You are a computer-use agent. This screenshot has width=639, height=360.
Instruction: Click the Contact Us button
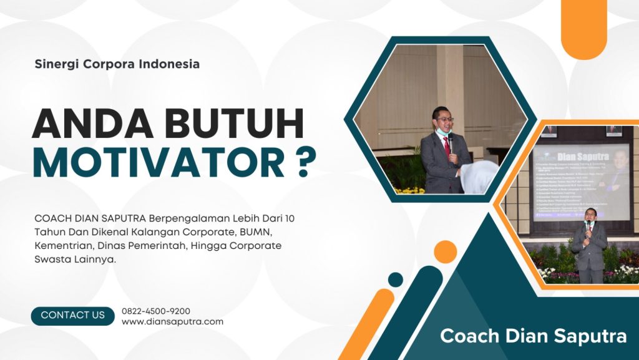click(72, 316)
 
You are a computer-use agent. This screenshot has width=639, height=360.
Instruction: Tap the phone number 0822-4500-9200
click(156, 311)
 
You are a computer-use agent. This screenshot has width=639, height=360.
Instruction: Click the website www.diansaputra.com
click(172, 322)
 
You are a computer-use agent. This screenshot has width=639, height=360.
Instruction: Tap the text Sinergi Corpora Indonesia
click(117, 64)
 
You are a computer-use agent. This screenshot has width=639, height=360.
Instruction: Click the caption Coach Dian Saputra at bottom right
click(533, 336)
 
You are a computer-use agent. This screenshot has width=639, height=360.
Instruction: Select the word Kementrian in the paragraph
click(60, 246)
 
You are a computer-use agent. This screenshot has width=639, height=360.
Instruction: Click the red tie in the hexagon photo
click(446, 145)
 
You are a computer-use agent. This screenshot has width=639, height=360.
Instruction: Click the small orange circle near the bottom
click(445, 251)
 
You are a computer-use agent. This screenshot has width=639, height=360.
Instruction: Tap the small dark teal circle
click(395, 280)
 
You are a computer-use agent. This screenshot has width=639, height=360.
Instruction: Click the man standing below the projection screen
click(589, 246)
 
